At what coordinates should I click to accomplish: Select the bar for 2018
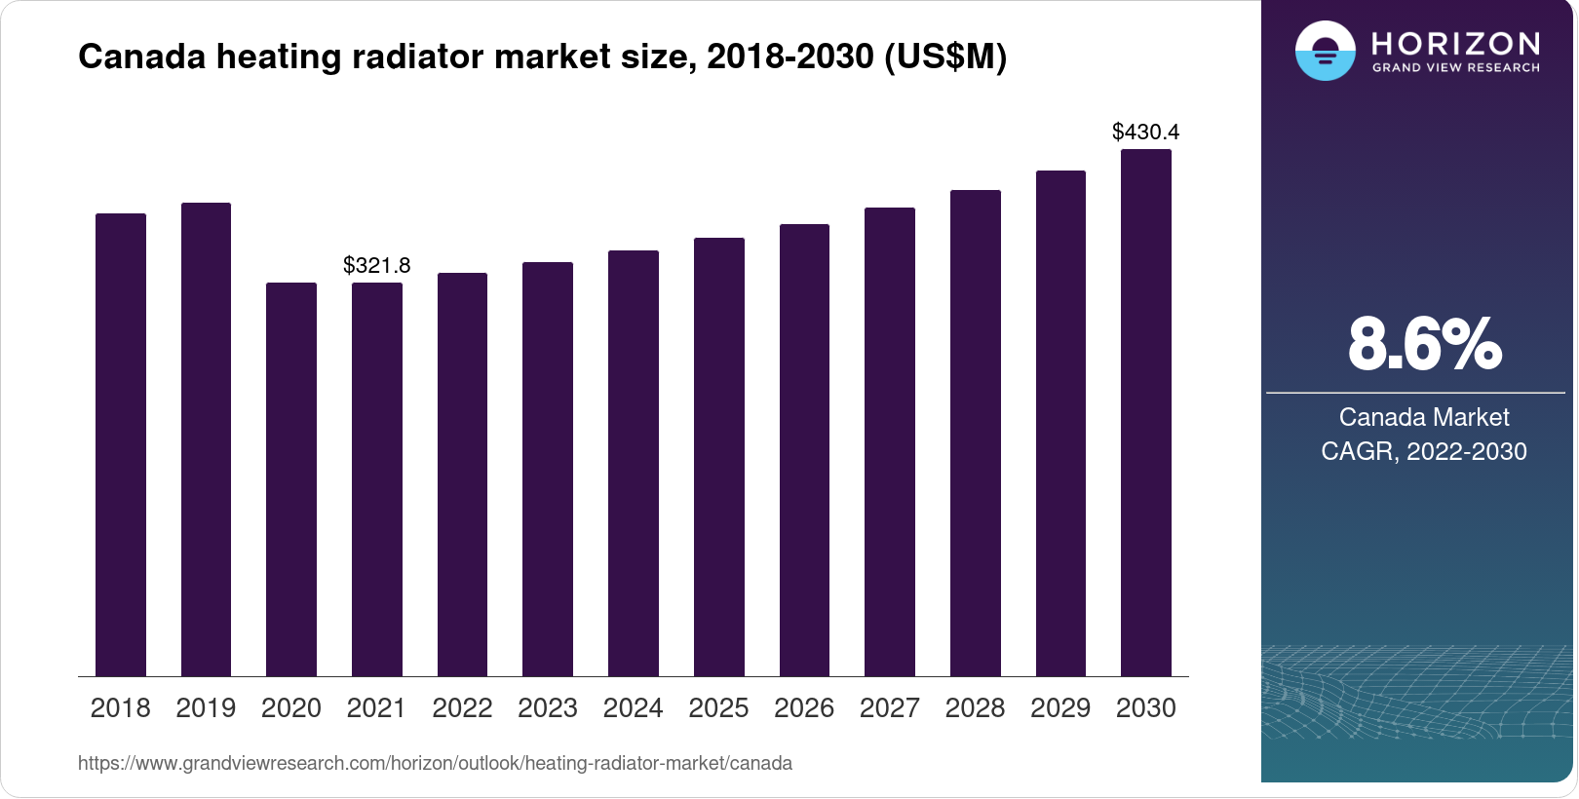tap(121, 444)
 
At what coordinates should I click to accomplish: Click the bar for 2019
tap(206, 439)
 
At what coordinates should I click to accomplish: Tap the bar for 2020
tap(291, 479)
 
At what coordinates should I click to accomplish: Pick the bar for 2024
tap(634, 463)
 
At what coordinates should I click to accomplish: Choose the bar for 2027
tap(890, 441)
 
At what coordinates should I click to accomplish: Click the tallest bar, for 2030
tap(1146, 412)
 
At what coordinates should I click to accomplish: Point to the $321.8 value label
tap(377, 265)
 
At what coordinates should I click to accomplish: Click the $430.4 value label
tap(1146, 132)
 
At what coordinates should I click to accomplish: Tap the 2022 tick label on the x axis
tap(462, 708)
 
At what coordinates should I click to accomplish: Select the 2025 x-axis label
tap(718, 708)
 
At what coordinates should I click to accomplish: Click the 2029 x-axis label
tap(1060, 708)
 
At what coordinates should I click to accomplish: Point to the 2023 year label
tap(548, 708)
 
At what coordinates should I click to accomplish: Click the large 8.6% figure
tap(1424, 344)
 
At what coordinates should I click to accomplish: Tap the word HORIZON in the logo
tap(1456, 44)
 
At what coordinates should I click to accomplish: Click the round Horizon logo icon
tap(1326, 51)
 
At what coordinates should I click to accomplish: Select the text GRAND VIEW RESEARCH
tap(1456, 68)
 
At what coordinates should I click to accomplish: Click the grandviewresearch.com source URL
tap(435, 763)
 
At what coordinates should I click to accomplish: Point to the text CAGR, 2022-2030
tap(1424, 451)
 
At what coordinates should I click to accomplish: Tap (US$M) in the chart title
tap(945, 57)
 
